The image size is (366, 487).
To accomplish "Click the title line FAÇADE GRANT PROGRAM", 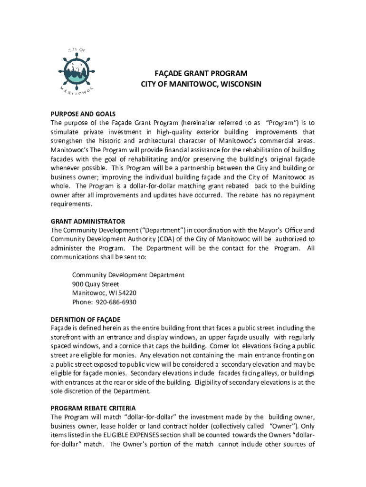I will (x=201, y=74).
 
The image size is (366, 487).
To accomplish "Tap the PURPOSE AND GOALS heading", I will (x=83, y=114).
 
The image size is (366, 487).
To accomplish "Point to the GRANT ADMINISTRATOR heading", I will (x=88, y=222).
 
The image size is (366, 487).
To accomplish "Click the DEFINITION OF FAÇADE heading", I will (x=86, y=320).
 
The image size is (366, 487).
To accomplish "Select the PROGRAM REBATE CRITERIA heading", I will (x=93, y=409).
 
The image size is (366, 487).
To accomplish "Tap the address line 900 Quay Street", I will (x=96, y=284).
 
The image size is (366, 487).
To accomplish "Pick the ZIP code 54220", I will (x=127, y=293).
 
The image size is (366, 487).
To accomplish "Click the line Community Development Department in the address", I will (x=128, y=275).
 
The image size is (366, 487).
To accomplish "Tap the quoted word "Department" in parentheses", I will (x=157, y=230).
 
